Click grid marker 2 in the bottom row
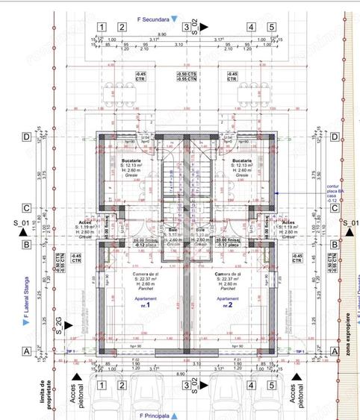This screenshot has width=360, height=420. point(120,385)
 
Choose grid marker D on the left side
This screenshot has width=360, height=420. point(26,137)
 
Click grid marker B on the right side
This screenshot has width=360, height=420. point(335,244)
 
